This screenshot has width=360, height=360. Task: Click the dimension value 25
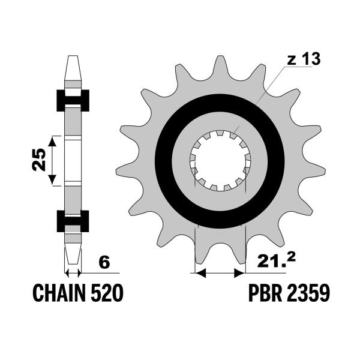click(38, 160)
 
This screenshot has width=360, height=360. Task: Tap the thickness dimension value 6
click(104, 263)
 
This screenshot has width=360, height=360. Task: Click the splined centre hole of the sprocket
click(220, 160)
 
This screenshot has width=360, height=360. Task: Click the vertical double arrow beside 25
click(53, 160)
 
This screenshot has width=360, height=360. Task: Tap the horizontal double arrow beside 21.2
click(220, 274)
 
